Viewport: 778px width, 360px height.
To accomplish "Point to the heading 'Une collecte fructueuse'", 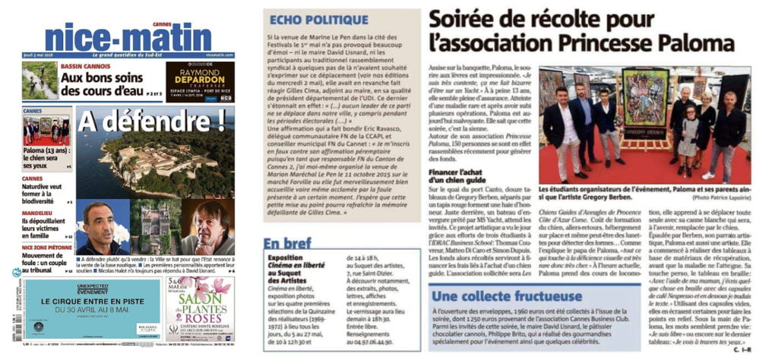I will click(517, 295).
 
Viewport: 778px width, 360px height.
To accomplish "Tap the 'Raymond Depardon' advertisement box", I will click(200, 81).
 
